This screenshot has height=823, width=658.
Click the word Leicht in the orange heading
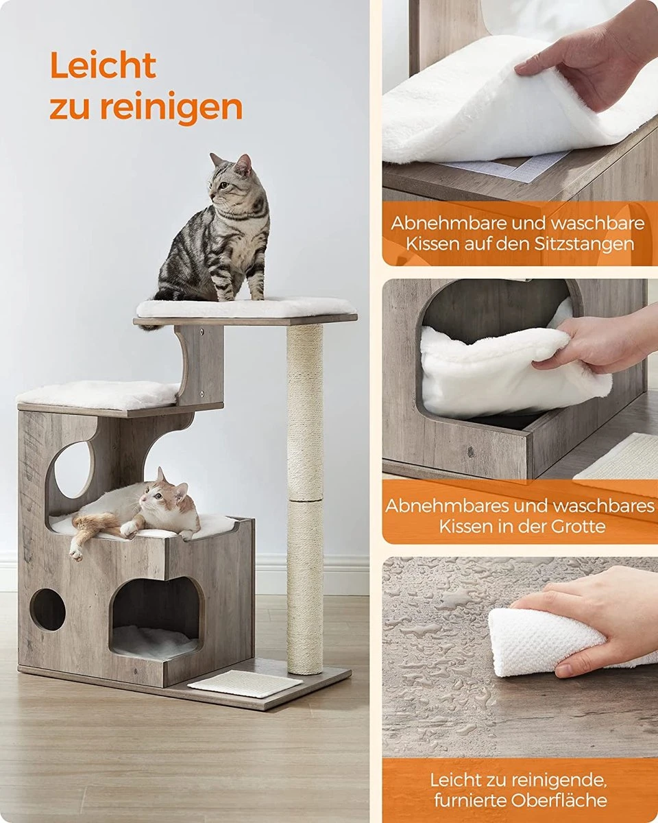[103, 66]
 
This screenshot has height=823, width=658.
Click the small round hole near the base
[48, 609]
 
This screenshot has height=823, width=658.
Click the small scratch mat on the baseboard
[245, 683]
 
